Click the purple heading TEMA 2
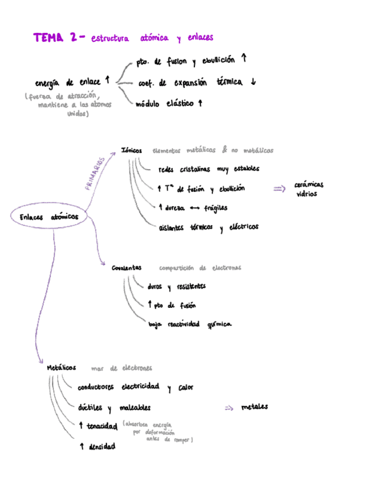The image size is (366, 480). point(55,38)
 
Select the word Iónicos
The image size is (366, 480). point(131,151)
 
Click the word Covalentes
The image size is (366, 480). point(126,268)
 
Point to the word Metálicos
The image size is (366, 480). point(61,368)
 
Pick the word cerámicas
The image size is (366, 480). point(309,185)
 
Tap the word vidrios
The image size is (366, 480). point(307,194)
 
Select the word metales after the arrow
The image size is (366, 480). point(254,407)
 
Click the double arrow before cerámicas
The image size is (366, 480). point(279,189)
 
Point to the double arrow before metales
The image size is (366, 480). point(229,408)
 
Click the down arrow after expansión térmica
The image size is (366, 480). point(253,82)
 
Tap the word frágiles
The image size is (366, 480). point(215,208)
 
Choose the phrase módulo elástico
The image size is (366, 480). point(164,104)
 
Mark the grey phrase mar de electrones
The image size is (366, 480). point(121,368)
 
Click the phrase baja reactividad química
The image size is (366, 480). point(190,324)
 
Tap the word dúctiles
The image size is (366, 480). point(90,408)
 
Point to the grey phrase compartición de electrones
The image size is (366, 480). point(199,268)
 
